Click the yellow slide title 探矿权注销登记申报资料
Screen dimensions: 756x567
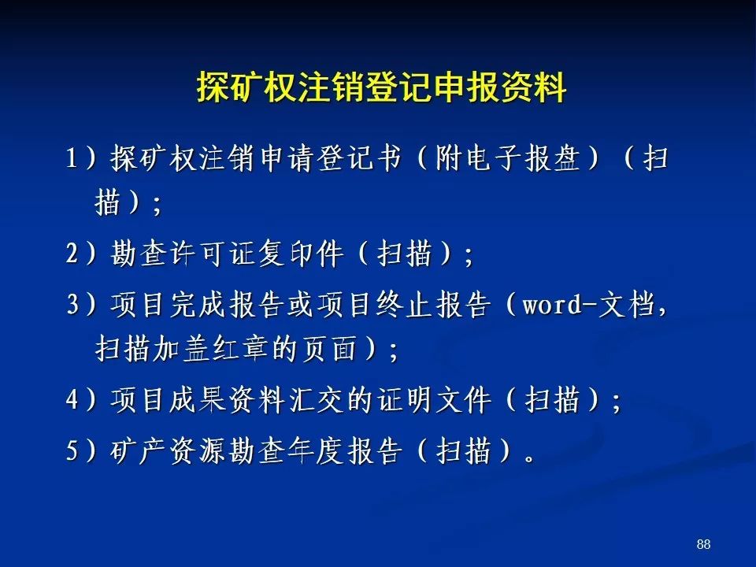click(381, 87)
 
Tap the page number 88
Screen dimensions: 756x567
click(703, 544)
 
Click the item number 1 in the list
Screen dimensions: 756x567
click(72, 157)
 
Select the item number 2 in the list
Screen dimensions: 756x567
click(72, 254)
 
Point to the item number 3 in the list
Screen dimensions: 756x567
click(72, 304)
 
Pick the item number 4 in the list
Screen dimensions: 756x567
click(72, 400)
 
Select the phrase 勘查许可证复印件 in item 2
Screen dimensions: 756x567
click(227, 254)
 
